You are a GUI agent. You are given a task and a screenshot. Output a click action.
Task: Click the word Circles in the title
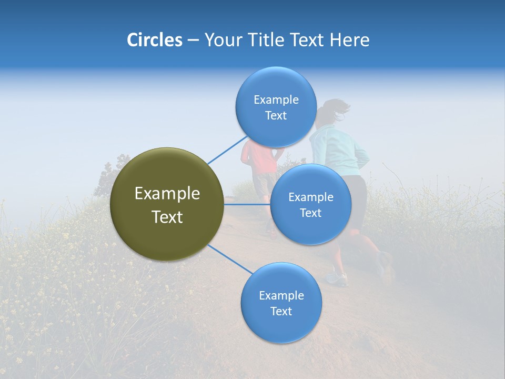(x=154, y=40)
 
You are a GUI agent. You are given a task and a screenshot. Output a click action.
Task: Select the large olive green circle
(x=167, y=204)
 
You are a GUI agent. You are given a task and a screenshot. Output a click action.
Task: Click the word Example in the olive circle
(x=167, y=194)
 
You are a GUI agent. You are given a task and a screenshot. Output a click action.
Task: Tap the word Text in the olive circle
(x=167, y=217)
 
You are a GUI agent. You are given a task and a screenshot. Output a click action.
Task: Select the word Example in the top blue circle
(x=276, y=100)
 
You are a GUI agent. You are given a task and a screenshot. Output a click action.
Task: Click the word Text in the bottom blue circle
(x=281, y=311)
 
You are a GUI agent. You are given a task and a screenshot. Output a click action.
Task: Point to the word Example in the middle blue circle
(x=310, y=197)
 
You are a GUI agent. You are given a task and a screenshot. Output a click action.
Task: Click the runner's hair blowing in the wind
(x=337, y=107)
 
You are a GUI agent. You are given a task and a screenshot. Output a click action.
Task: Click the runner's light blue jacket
(x=337, y=153)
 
